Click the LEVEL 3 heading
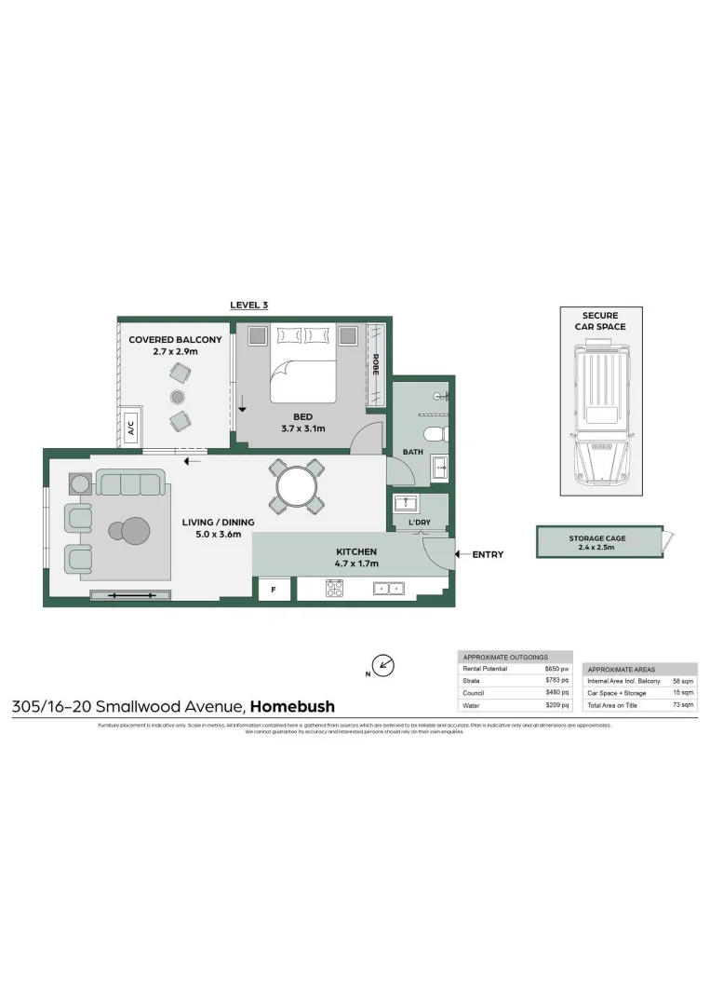[248, 305]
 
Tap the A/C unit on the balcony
[130, 428]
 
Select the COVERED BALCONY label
[175, 340]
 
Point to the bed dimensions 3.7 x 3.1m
[301, 428]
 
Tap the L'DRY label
[421, 523]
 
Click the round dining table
[296, 486]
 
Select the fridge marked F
[275, 591]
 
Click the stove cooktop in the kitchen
[334, 589]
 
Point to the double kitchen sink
[388, 589]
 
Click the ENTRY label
[488, 555]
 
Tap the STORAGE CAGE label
[597, 538]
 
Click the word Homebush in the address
[292, 707]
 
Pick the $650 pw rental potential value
[556, 669]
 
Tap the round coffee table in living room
[136, 531]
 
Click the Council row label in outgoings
[475, 693]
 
